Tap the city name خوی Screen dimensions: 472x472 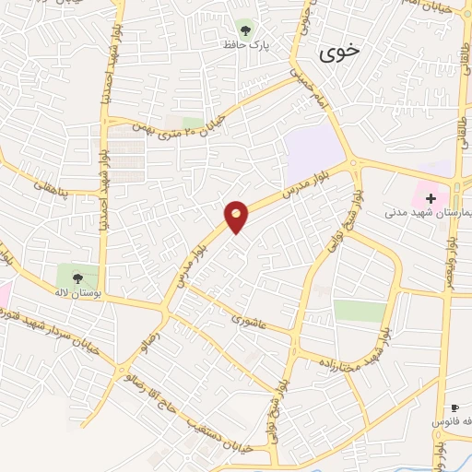338,53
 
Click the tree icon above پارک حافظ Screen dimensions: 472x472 244,29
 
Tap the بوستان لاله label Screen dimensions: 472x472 77,293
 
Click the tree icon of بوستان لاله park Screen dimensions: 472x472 77,275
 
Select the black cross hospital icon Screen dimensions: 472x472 431,197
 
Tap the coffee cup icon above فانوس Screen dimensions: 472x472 454,407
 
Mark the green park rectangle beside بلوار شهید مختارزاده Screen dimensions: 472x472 359,310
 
